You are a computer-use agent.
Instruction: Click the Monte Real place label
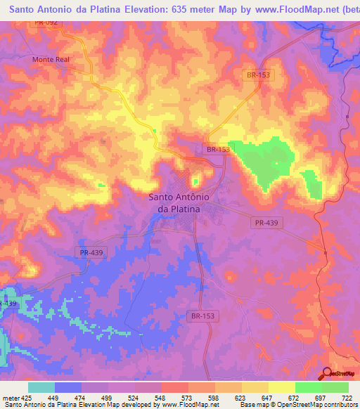click(51, 60)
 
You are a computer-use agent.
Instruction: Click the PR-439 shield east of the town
click(262, 222)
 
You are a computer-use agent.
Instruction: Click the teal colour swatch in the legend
click(41, 387)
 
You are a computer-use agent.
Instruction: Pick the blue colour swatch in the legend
click(68, 387)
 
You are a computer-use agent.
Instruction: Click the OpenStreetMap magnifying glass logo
click(326, 373)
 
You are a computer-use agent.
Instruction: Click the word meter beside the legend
click(11, 398)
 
